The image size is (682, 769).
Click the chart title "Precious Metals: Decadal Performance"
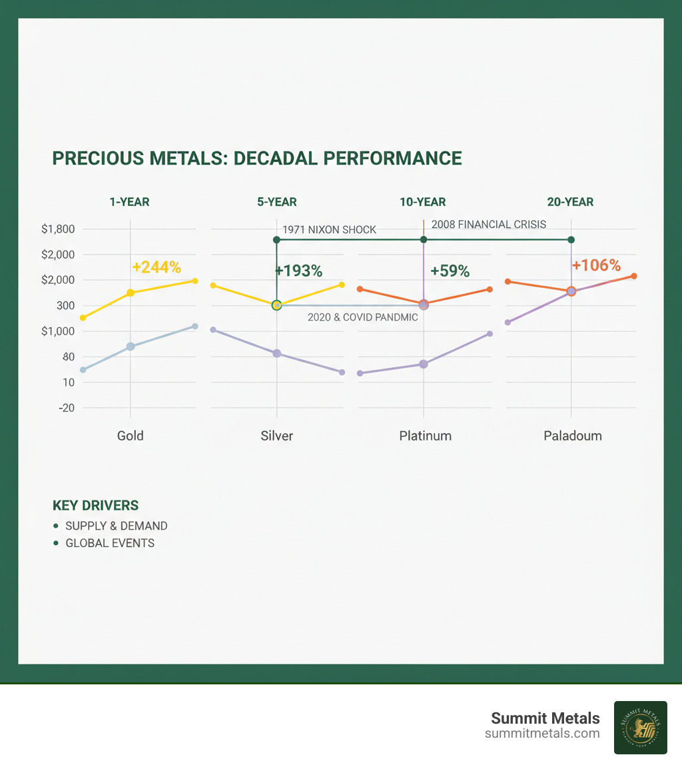tap(256, 158)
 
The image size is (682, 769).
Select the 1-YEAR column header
tap(130, 202)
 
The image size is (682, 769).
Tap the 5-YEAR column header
tap(277, 202)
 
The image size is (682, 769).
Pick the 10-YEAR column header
tap(423, 202)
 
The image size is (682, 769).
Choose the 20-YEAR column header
tap(571, 202)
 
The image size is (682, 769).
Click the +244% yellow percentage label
tap(157, 267)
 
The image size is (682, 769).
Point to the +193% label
tap(298, 271)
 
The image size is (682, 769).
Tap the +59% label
tap(450, 271)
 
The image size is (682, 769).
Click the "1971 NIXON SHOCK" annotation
tap(329, 230)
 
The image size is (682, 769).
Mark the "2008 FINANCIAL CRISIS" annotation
tap(489, 225)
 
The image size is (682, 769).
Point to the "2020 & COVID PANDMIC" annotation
tap(362, 317)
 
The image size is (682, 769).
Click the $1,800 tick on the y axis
tap(58, 229)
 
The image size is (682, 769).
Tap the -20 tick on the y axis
tap(66, 408)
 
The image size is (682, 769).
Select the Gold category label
tap(130, 436)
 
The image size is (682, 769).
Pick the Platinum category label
tap(425, 436)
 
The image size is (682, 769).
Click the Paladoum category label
tap(572, 436)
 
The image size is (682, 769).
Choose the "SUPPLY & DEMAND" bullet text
tap(116, 526)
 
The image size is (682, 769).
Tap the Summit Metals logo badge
tap(640, 727)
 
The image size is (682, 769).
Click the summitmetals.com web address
tap(542, 734)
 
